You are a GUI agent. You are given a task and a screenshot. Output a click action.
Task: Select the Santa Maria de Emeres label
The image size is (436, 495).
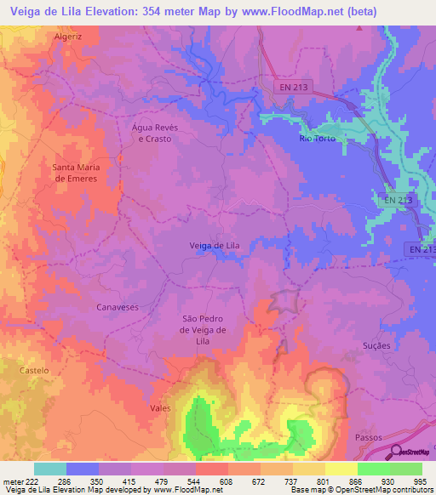click(x=77, y=173)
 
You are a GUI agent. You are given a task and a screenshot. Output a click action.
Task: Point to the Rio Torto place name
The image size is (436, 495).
click(x=318, y=138)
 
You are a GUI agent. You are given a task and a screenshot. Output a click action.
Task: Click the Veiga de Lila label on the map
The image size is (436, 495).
click(x=214, y=246)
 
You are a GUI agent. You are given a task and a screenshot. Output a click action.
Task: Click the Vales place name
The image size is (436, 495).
click(x=160, y=408)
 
